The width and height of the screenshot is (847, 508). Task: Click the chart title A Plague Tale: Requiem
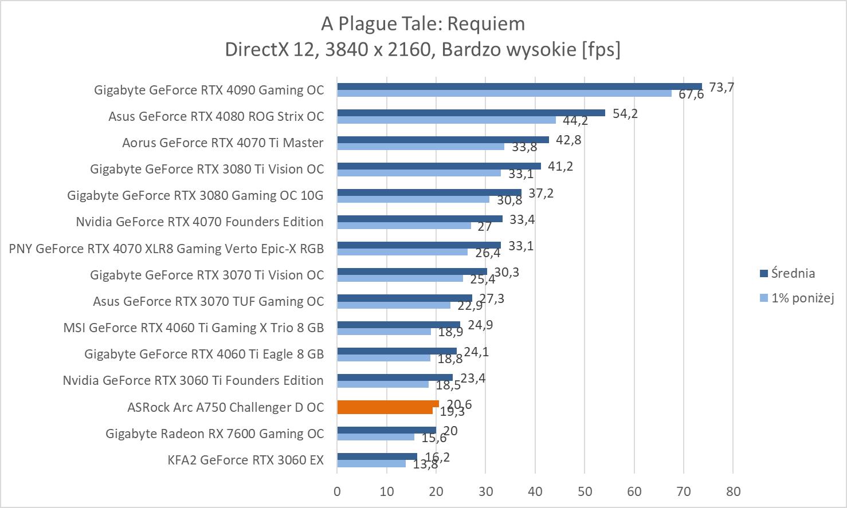click(x=423, y=23)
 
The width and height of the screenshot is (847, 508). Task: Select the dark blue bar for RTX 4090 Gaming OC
click(x=519, y=86)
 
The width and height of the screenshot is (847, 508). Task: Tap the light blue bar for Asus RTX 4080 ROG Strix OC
click(x=446, y=120)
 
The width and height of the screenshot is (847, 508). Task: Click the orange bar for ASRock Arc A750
click(x=387, y=407)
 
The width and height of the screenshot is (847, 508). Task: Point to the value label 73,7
click(x=721, y=87)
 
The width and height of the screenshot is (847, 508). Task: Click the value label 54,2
click(x=625, y=113)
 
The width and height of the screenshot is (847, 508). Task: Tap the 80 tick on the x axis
click(x=733, y=491)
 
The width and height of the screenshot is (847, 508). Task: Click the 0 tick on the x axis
click(x=337, y=491)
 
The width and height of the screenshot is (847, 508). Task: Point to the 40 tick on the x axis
click(x=535, y=491)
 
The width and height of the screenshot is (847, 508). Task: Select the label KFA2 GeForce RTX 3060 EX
click(x=246, y=460)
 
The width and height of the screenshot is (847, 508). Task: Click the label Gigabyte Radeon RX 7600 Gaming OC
click(x=214, y=434)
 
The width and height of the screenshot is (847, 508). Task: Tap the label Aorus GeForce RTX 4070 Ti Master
click(x=222, y=143)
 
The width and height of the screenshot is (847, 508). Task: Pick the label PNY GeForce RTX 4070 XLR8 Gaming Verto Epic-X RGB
click(x=166, y=249)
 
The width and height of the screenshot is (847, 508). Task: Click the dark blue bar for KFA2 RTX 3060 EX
click(x=377, y=456)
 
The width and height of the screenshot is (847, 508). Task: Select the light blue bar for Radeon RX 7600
click(x=375, y=437)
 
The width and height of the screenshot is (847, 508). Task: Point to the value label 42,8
click(x=568, y=140)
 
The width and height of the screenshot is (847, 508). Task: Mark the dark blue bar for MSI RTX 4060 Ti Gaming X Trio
click(x=398, y=325)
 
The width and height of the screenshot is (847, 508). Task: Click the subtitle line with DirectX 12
click(x=423, y=49)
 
